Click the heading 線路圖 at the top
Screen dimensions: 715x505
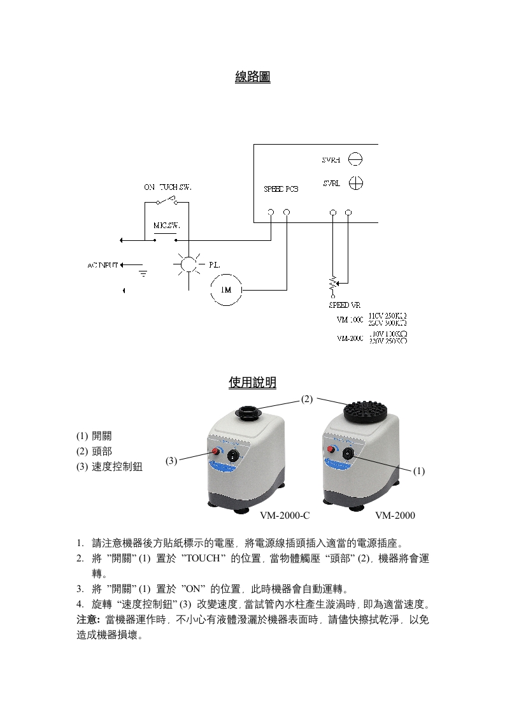coord(252,77)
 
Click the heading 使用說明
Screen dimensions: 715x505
coord(252,382)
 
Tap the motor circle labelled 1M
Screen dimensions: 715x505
coord(226,291)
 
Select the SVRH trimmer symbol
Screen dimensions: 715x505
coord(357,160)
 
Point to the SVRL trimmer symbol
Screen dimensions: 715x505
coord(357,184)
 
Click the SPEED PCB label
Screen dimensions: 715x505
coord(281,189)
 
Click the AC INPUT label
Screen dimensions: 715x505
coord(101,264)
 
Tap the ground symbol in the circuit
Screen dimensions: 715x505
coord(143,273)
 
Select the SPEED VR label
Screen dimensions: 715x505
coord(344,305)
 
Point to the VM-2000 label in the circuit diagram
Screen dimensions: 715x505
coord(350,338)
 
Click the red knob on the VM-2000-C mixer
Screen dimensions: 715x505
coord(215,452)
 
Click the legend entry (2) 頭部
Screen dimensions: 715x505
coord(94,452)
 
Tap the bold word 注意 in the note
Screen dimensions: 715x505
coord(87,619)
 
